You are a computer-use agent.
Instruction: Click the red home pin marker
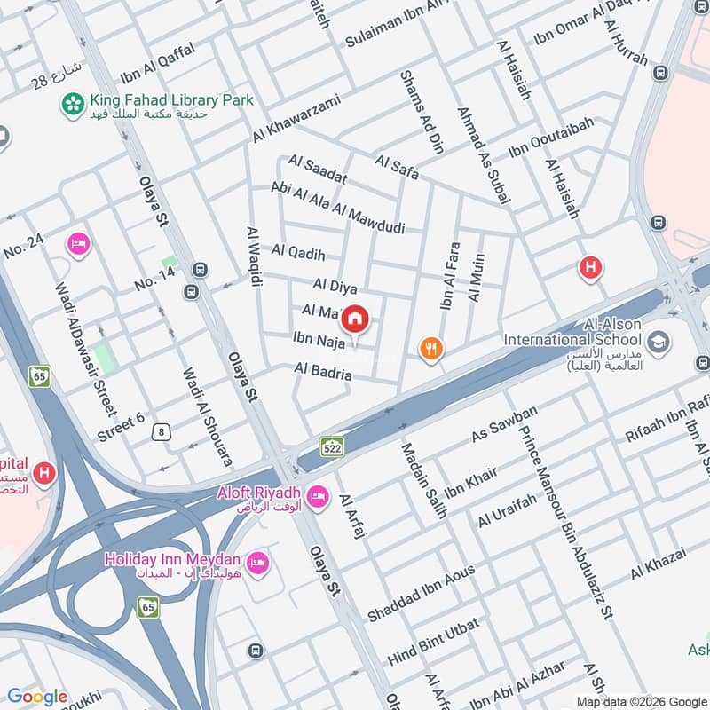click(355, 319)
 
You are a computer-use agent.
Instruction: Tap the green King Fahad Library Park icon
click(72, 105)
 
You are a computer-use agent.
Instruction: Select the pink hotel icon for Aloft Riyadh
click(316, 494)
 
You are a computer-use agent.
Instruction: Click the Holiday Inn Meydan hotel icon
click(257, 564)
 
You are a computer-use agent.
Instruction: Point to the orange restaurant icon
click(431, 349)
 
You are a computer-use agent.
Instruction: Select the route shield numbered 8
click(161, 432)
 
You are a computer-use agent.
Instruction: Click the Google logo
click(37, 697)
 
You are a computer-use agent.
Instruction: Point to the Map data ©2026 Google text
click(641, 700)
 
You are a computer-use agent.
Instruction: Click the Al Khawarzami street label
click(296, 119)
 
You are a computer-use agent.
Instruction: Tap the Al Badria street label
click(323, 373)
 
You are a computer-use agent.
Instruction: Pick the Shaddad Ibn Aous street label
click(422, 592)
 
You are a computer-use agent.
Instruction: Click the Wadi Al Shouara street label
click(208, 417)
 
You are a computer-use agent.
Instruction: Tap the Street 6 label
click(121, 424)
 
